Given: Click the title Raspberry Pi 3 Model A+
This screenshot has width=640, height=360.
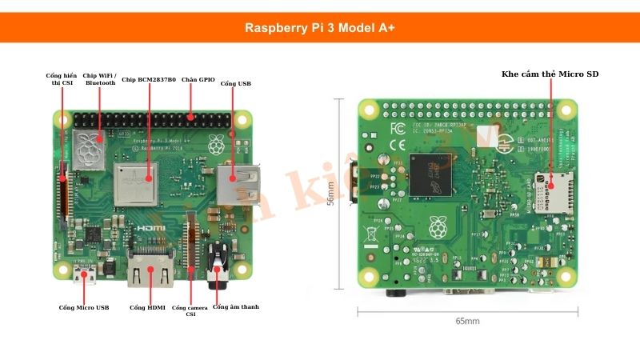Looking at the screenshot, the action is [319, 27].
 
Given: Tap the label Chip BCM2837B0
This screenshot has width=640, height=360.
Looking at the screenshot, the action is [149, 80].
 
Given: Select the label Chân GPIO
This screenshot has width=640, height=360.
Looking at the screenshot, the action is [198, 80].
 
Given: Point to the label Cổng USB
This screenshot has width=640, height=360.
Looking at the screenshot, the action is [235, 83].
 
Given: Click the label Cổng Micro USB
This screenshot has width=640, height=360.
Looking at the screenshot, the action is [84, 307].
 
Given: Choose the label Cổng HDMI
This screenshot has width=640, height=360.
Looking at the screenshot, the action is [147, 307].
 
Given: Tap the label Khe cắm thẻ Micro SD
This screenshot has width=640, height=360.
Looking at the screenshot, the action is [550, 74].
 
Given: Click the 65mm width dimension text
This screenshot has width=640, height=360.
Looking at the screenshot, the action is [467, 321].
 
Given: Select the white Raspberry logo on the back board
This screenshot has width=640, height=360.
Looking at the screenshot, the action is [437, 228].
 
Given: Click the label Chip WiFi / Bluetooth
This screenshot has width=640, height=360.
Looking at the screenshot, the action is [100, 78].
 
